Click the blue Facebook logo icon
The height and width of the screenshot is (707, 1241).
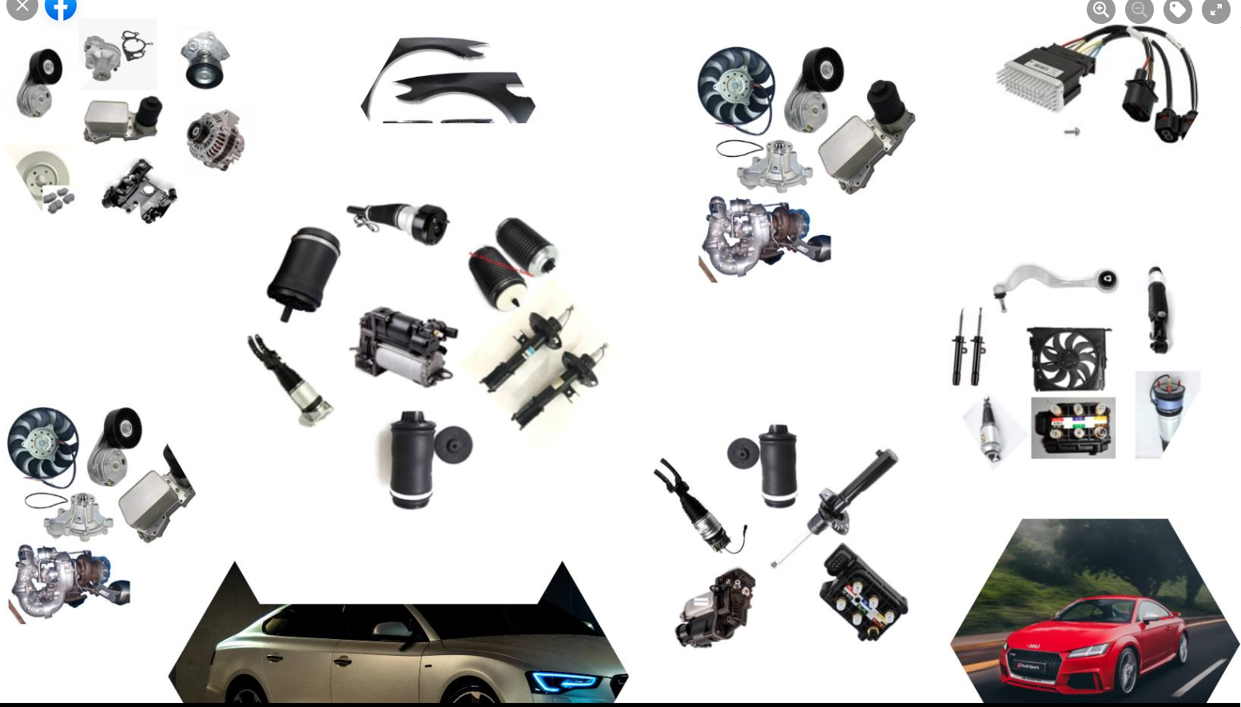tap(61, 8)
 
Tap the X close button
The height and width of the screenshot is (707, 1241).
tap(22, 7)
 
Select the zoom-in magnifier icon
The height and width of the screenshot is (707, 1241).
tap(1100, 10)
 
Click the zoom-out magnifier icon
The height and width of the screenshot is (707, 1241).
tap(1139, 10)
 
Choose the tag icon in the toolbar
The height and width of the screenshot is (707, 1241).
tap(1177, 10)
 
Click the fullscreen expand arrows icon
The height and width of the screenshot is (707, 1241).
tap(1215, 10)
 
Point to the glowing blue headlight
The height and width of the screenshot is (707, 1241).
tap(564, 681)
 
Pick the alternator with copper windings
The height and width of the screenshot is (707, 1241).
tap(214, 139)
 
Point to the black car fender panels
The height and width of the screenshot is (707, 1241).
tap(447, 80)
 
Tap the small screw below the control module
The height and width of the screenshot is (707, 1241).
tap(1072, 131)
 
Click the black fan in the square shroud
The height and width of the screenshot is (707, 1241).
tap(1068, 359)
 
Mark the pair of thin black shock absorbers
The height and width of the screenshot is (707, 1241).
tap(968, 347)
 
